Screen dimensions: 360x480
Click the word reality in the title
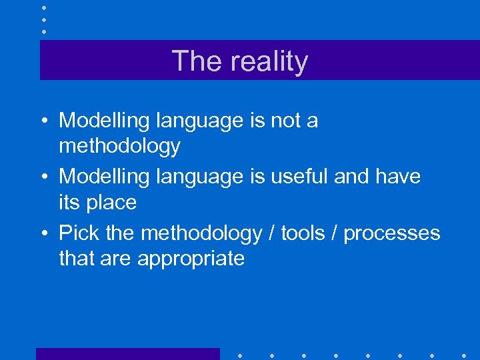pos(269,62)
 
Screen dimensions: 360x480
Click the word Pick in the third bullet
pos(79,233)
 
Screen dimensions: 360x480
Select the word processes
pos(392,233)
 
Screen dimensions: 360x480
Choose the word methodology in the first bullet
pos(119,146)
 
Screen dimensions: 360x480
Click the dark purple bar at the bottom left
pos(127,353)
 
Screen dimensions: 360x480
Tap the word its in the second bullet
pos(69,202)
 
